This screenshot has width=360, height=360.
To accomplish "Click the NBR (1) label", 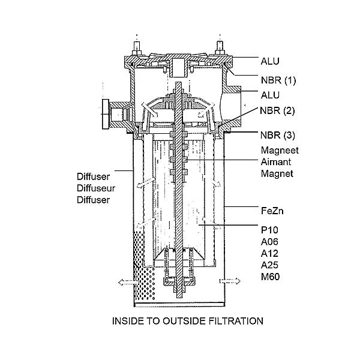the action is [x=278, y=80].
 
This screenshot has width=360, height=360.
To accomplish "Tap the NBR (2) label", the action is [x=277, y=110].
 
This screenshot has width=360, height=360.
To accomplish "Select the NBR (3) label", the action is [x=278, y=135].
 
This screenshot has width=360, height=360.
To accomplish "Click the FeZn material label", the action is [x=272, y=211].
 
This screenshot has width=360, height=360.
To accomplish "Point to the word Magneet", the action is [x=280, y=151].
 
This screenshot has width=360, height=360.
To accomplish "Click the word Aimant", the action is [x=276, y=162].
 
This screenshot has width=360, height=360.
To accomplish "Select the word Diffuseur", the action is [x=96, y=188].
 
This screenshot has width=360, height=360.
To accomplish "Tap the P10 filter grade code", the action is [x=269, y=230].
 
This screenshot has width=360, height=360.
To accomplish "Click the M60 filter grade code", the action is [x=270, y=277].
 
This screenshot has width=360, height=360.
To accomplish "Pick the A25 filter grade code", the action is [x=269, y=265].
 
